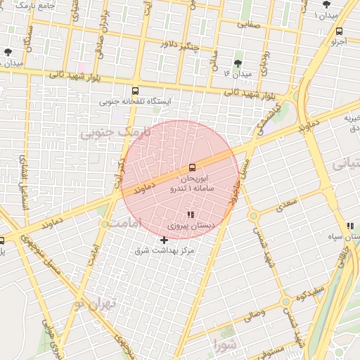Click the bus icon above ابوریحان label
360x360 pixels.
point(193,167)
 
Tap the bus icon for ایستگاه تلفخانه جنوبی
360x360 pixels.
point(135,91)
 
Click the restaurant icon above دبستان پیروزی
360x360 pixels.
point(190,214)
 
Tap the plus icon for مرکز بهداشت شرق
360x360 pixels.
point(165,240)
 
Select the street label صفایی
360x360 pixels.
point(248,23)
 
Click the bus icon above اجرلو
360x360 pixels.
point(340,31)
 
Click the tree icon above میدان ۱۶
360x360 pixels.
point(238,63)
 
